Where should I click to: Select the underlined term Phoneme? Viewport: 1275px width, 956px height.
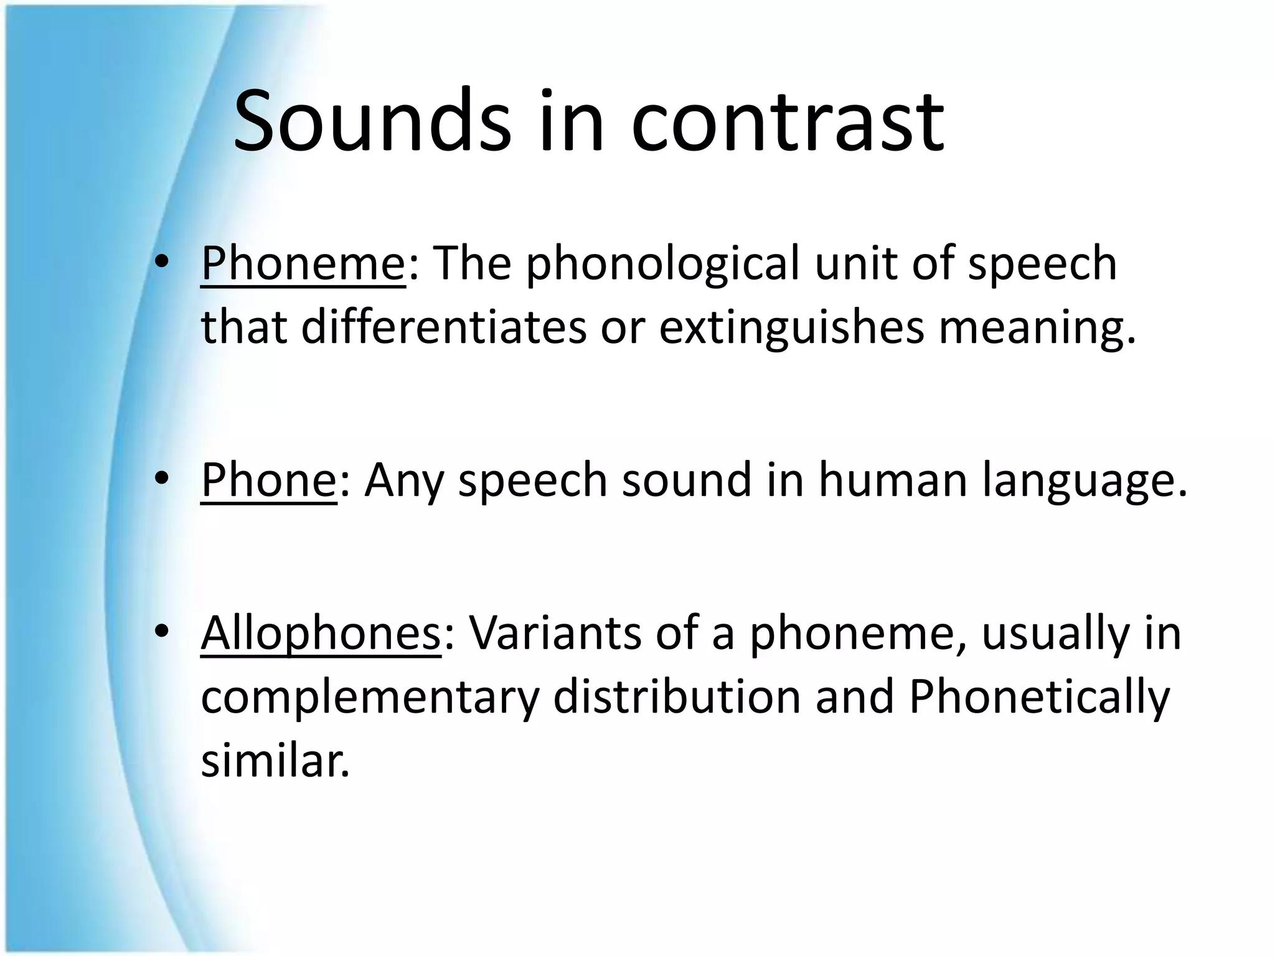coord(303,263)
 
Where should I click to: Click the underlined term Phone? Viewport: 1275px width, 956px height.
coord(268,479)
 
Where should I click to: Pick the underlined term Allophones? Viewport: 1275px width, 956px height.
coord(321,633)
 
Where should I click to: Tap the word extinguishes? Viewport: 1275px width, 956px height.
coord(792,328)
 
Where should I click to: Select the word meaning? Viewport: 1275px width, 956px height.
coord(1037,328)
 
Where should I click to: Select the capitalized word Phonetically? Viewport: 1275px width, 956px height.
coord(1039,698)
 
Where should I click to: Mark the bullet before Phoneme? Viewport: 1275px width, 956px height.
coord(162,264)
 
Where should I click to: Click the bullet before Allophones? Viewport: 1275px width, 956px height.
coord(162,633)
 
